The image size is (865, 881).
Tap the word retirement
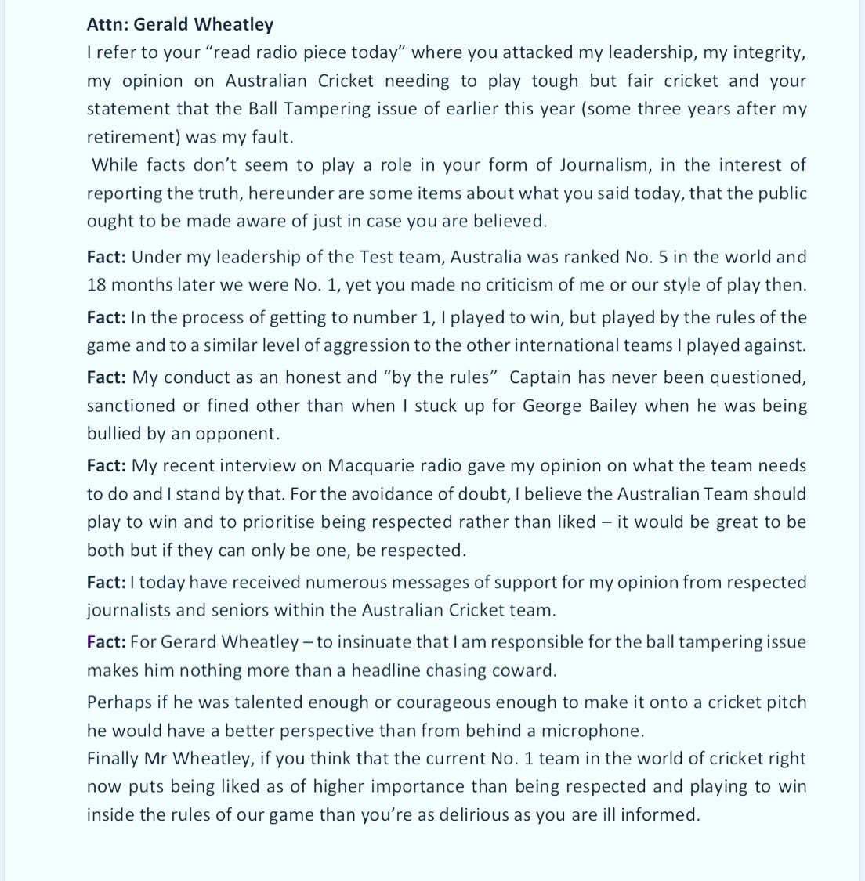(x=128, y=137)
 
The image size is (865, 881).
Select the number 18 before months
(x=97, y=285)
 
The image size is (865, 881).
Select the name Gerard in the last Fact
(x=189, y=642)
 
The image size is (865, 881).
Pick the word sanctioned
(x=131, y=406)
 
